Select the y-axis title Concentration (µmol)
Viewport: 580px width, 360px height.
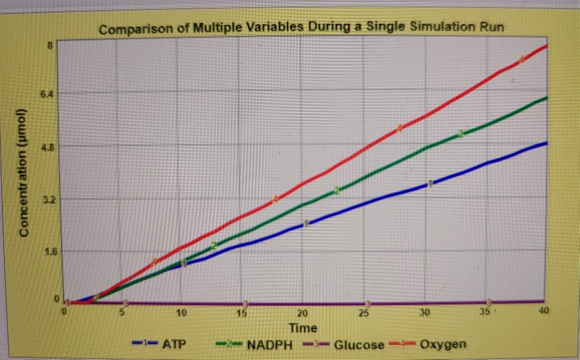tap(24, 172)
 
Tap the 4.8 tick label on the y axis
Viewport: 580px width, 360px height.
tap(47, 147)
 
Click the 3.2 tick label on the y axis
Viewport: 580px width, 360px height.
tap(47, 199)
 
